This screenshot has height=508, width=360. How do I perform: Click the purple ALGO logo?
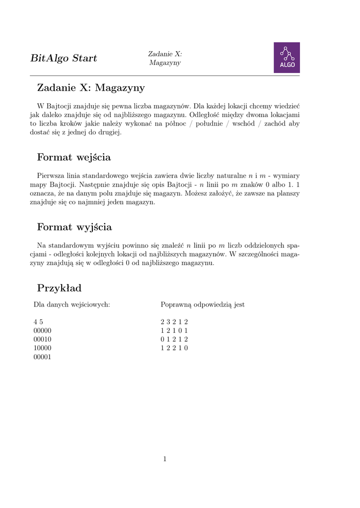pyautogui.click(x=287, y=58)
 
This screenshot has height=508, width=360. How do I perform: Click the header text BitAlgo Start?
pyautogui.click(x=64, y=59)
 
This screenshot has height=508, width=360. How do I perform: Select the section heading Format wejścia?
pyautogui.click(x=74, y=158)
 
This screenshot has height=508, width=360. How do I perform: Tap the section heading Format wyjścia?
pyautogui.click(x=74, y=228)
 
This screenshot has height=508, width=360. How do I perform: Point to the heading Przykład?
pyautogui.click(x=59, y=288)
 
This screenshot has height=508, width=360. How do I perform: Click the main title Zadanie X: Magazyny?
pyautogui.click(x=91, y=88)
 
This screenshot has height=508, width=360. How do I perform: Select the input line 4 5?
pyautogui.click(x=38, y=322)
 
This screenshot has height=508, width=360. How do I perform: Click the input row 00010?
pyautogui.click(x=42, y=339)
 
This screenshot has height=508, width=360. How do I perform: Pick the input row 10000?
pyautogui.click(x=42, y=348)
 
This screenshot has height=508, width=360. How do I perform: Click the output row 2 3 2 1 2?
pyautogui.click(x=174, y=322)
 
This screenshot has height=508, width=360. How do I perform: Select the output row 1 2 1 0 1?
pyautogui.click(x=174, y=330)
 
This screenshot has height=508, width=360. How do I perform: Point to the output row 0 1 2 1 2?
pyautogui.click(x=174, y=339)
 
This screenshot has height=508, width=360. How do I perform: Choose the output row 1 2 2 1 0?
pyautogui.click(x=174, y=348)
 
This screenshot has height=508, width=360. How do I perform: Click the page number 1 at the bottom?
pyautogui.click(x=165, y=459)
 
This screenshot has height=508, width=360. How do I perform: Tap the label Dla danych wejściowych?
pyautogui.click(x=72, y=305)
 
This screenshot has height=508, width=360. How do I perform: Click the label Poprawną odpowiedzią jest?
pyautogui.click(x=203, y=305)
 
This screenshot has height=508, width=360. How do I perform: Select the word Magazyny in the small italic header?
pyautogui.click(x=165, y=63)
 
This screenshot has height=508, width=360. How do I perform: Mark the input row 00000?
pyautogui.click(x=42, y=330)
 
